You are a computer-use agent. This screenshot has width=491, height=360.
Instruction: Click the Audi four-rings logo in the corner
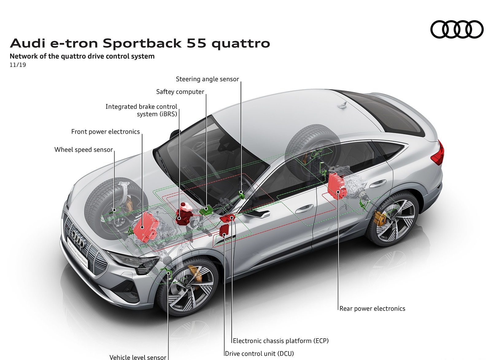[x=457, y=29]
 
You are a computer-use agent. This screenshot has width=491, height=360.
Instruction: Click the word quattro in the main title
[x=241, y=44]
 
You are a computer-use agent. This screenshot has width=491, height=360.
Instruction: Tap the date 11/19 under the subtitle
[x=18, y=65]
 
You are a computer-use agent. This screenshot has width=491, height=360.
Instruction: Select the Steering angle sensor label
[x=207, y=79]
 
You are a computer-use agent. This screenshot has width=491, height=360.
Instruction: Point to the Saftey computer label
[x=180, y=92]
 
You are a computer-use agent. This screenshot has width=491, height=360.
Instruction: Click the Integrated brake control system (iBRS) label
[x=141, y=110]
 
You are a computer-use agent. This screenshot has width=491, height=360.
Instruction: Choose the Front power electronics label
[x=105, y=132]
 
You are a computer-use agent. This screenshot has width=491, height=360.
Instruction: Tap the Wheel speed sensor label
[x=83, y=150]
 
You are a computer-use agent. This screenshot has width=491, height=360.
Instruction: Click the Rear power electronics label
[x=372, y=308]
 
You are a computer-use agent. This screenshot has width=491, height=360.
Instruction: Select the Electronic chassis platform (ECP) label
[x=280, y=341]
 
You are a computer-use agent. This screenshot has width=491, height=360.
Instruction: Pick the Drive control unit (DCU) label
[x=259, y=354]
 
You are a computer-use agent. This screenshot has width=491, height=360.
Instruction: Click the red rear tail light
[x=439, y=153]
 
